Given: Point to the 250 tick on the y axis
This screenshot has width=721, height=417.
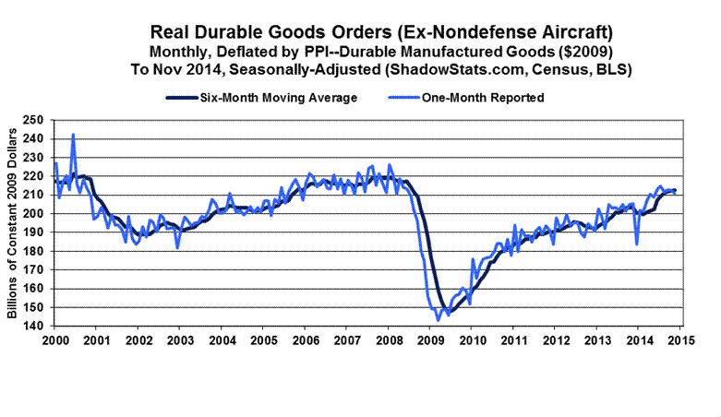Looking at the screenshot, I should coord(37,120).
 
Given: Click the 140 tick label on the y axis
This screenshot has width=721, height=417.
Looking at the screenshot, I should coord(37,326).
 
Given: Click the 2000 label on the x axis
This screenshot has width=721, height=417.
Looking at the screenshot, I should coord(54,340).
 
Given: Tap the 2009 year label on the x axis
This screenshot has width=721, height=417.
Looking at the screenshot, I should coord(429,340).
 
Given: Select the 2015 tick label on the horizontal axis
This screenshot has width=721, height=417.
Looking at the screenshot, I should coord(679,340).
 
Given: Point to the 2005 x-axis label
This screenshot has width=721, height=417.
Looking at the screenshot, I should coord(263,340).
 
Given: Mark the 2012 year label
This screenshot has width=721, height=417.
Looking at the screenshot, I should coord(555,340).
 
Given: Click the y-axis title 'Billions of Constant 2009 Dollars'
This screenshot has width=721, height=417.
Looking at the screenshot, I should coord(14,221).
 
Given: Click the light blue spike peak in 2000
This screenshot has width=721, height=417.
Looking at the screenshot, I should coord(73,135).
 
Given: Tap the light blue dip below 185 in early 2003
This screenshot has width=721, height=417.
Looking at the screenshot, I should coord(177,247).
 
